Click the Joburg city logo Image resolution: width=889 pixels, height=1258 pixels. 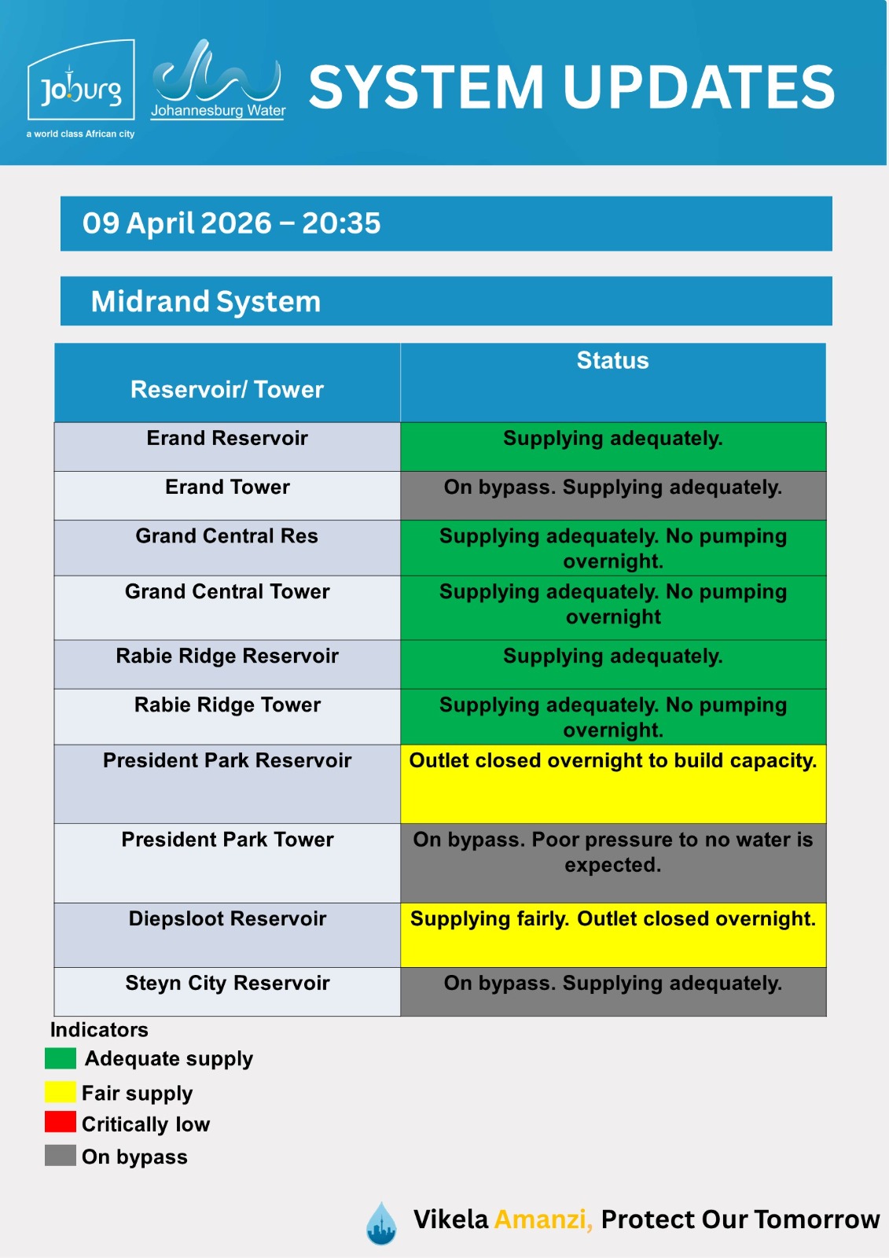point(81,88)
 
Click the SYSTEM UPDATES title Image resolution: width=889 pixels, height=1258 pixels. point(571,86)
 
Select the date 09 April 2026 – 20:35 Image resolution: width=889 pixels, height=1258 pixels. point(232,223)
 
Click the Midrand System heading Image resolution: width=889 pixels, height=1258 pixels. point(206,301)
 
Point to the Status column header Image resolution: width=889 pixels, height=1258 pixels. point(612,361)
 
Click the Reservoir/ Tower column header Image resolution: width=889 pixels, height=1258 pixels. point(227,389)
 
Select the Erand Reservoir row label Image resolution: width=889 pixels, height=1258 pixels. point(227,439)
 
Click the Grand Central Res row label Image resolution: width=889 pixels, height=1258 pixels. point(227,536)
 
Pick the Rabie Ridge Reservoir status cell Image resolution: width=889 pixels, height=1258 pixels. point(612,664)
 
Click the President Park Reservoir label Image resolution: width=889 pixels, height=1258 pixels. point(227,761)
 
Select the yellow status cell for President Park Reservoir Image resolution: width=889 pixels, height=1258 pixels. point(612,783)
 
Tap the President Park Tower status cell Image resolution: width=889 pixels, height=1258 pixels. point(612,862)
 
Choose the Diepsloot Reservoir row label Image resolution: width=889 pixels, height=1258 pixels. point(227,919)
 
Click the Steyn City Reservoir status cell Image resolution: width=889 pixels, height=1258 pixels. point(612,991)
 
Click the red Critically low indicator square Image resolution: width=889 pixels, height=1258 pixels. point(61,1122)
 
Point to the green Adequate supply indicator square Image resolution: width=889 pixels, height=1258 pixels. point(61,1058)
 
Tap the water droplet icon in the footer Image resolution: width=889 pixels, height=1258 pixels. point(381,1223)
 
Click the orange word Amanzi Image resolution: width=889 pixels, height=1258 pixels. point(542,1219)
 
